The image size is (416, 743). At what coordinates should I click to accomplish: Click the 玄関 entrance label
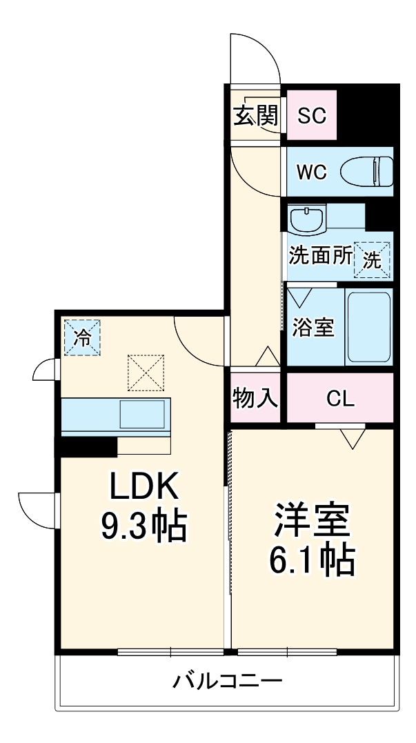(x=255, y=115)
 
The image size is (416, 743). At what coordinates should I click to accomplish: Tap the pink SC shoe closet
(x=311, y=115)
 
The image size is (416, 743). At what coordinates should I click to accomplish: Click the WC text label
(x=311, y=172)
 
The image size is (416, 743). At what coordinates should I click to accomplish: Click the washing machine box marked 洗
(x=372, y=259)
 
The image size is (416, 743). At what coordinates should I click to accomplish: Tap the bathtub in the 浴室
(x=368, y=327)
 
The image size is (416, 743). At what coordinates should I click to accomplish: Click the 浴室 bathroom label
(x=313, y=327)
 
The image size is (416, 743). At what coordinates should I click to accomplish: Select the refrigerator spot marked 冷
(x=82, y=337)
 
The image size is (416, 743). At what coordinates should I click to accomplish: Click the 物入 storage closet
(x=255, y=398)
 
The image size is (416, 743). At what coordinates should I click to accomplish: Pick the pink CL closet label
(x=340, y=398)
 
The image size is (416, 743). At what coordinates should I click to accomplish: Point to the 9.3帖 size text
(x=144, y=527)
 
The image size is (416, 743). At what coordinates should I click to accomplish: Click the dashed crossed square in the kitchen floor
(x=146, y=373)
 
